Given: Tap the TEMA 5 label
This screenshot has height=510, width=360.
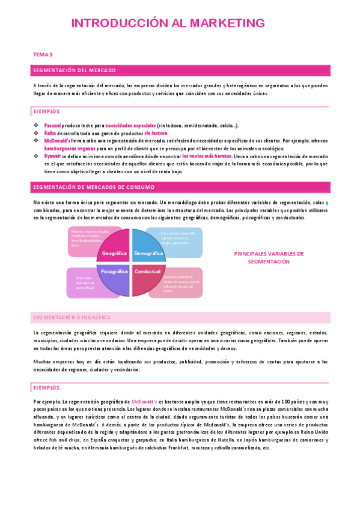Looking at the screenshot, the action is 43,55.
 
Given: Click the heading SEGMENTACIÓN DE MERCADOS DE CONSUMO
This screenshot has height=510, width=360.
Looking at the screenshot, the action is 94,187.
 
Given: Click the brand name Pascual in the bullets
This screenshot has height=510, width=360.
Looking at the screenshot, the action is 53,125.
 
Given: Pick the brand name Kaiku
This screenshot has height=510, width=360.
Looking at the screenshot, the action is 50,132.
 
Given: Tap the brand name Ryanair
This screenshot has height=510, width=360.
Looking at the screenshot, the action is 53,155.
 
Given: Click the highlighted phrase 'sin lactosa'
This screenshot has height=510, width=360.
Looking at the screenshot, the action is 156,132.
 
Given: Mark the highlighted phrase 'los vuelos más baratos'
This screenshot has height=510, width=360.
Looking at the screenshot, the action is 206,155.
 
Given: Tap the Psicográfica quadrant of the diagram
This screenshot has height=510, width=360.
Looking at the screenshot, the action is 114,272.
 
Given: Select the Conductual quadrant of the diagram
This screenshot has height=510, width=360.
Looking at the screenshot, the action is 148,272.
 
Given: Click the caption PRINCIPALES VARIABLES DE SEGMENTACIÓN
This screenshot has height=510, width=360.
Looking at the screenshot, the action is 269,257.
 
